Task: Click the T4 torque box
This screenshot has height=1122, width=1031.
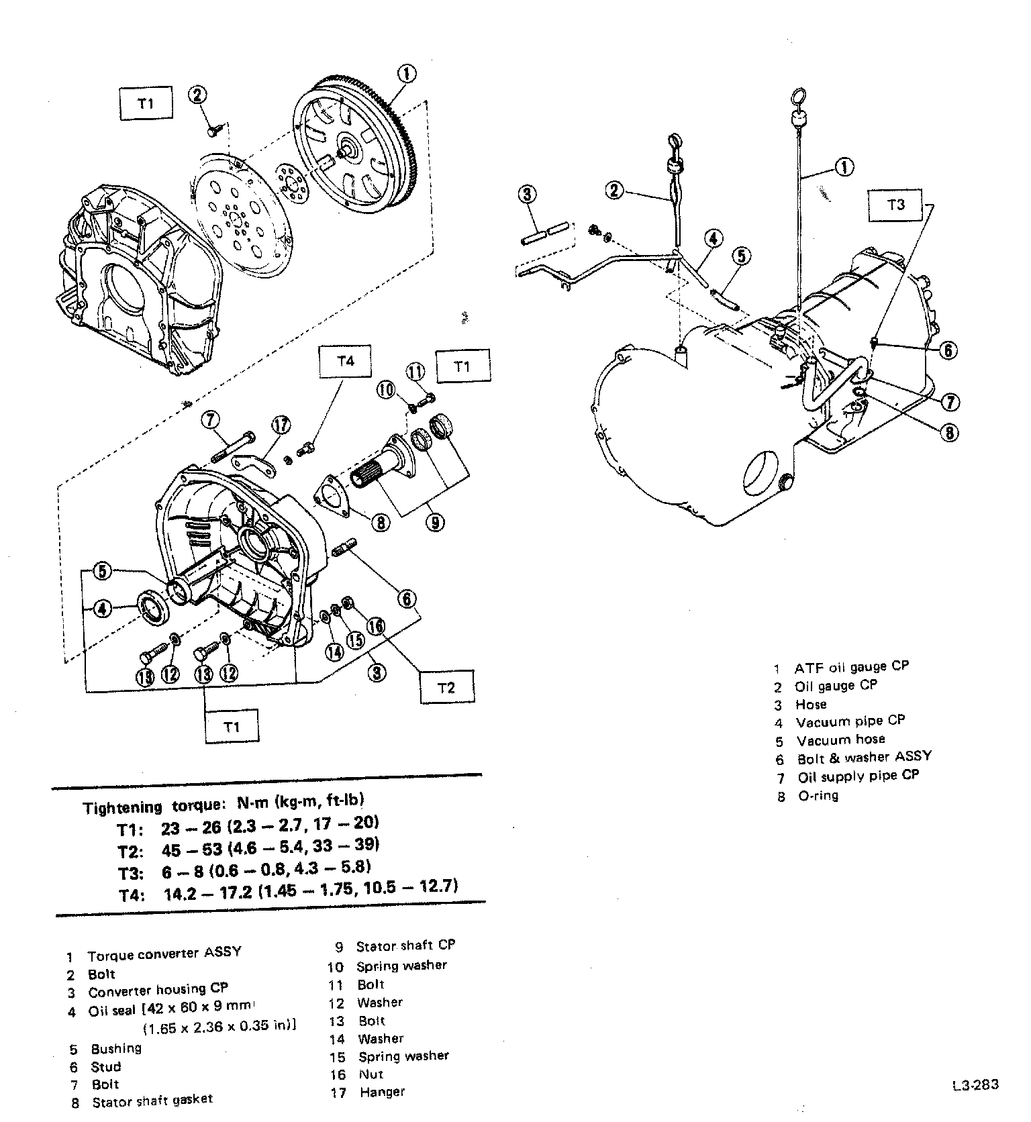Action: pos(345,362)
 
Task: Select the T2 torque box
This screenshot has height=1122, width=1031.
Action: pos(446,686)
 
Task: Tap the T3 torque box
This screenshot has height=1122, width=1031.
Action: pos(896,205)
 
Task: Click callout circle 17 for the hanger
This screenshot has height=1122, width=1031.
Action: pos(281,425)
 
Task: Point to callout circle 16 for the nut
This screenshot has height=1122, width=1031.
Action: pos(375,626)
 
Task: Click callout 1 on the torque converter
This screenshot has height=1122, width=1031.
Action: pos(407,74)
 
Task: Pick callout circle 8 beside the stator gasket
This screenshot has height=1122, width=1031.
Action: pos(381,522)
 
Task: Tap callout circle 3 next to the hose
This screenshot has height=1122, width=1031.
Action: pos(528,194)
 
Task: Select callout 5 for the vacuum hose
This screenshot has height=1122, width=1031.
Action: pos(740,256)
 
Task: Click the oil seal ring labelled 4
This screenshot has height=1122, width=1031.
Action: pos(154,608)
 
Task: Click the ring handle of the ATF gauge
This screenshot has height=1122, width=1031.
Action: pos(798,99)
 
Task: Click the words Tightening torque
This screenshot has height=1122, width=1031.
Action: pos(122,808)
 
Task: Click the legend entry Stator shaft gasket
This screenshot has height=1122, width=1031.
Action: pos(152,1101)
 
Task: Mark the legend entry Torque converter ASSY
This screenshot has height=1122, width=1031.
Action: pos(163,954)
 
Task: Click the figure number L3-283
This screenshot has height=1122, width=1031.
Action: pos(974,1085)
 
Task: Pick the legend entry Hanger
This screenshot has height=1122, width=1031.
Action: pos(382,1092)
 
